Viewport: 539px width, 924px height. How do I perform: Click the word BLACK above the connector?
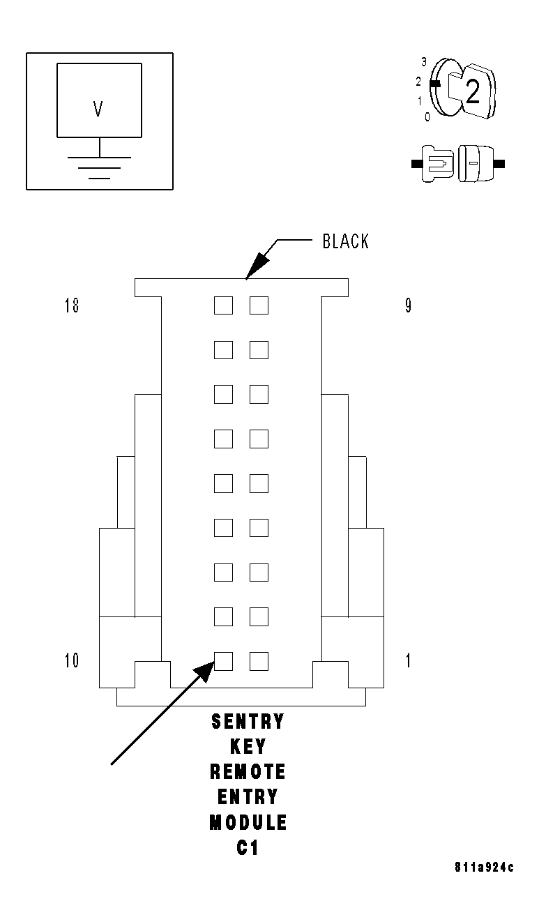345,241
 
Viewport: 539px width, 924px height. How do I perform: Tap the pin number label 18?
72,305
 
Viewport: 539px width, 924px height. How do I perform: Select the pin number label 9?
408,305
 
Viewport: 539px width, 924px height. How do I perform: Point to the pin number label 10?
72,660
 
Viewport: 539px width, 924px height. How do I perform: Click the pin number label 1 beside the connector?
408,660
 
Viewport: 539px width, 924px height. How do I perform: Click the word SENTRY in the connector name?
248,722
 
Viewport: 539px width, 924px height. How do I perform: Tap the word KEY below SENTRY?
248,747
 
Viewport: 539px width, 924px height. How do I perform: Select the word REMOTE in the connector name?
248,772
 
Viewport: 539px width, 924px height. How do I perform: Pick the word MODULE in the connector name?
248,823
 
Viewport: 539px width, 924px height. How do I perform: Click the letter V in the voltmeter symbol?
98,109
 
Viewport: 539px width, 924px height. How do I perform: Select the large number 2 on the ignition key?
473,93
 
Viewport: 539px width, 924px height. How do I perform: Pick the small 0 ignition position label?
427,117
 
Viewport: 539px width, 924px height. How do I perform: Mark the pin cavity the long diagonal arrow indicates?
223,660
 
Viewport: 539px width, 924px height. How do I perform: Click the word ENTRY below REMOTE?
248,797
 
